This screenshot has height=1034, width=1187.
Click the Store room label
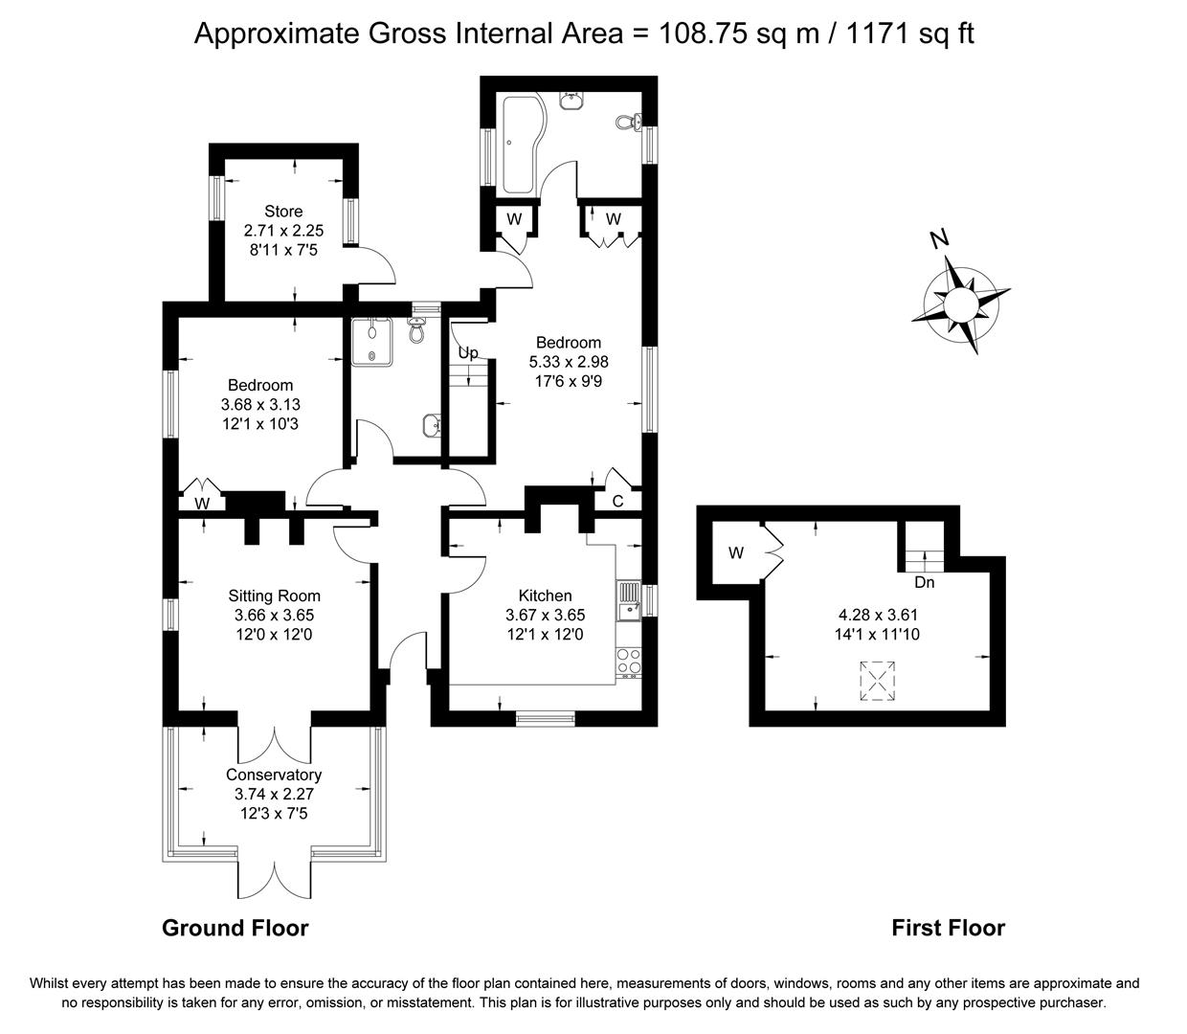point(283,212)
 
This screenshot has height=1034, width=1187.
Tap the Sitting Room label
point(274,596)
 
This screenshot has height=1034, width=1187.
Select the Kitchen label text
point(545,596)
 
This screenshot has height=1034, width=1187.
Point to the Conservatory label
point(274,775)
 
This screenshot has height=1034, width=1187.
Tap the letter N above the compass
point(941,239)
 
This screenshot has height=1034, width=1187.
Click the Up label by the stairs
point(467,353)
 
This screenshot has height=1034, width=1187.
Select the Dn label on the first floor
point(924,582)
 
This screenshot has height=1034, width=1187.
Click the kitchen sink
point(629,604)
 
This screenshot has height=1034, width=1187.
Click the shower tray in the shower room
point(370,342)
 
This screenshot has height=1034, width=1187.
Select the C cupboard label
point(617,502)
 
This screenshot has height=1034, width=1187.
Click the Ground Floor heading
point(235,928)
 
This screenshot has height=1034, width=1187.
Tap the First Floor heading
point(948,928)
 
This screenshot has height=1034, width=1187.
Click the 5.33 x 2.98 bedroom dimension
point(569,362)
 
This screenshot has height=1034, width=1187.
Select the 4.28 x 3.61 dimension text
point(877,615)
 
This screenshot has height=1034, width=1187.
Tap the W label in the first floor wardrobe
point(735,552)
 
